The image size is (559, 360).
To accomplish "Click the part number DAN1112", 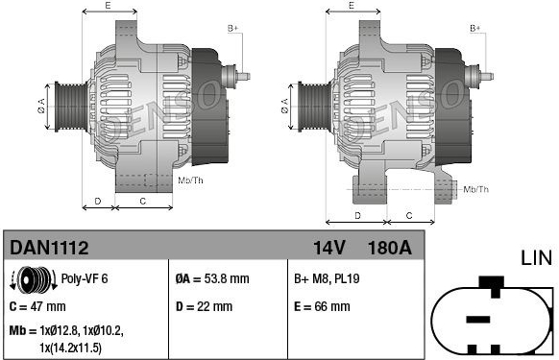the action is pos(49,248).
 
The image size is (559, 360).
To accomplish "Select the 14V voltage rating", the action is pos(329,248).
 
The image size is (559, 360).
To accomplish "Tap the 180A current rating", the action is pos(390,248).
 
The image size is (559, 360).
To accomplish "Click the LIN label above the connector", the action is pos(536,257).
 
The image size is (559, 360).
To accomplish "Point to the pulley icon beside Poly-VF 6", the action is pos(34,279).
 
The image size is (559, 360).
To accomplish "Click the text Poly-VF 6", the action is pos(85,278).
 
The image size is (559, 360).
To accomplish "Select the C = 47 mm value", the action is pos(37,306).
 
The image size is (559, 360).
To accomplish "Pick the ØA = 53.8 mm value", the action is pos(212,278).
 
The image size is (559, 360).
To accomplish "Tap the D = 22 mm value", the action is pos(204,306).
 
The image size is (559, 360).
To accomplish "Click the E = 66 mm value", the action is pos(322,306).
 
